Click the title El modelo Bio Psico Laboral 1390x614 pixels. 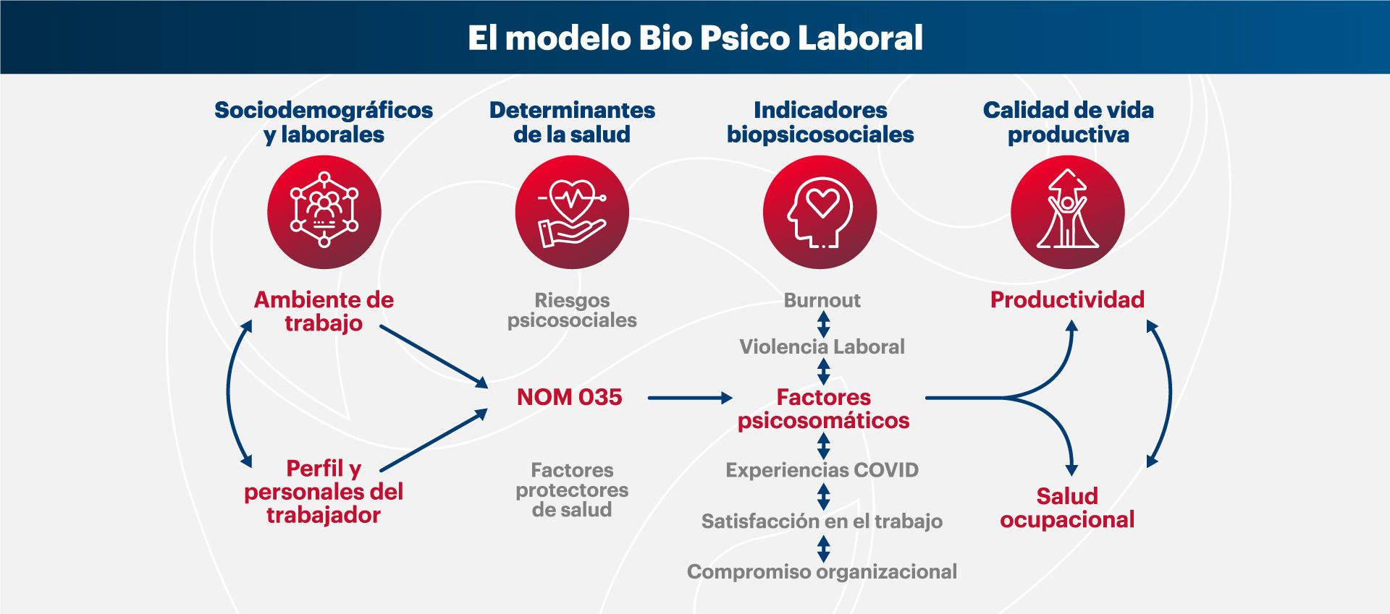695,38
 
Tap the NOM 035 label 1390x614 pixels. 570,397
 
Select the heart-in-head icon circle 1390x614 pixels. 820,212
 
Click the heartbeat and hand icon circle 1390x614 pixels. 572,212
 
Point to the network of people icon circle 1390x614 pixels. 324,212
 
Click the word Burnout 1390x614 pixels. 822,300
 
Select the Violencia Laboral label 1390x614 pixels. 822,347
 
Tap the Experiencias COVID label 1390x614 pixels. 822,470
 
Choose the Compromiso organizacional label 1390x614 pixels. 822,572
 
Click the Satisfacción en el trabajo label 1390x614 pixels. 822,521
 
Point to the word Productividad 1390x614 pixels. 1068,299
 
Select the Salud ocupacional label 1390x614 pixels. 1067,508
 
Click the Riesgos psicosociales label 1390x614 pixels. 572,310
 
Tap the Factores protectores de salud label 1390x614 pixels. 572,490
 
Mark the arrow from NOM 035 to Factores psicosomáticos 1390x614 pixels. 690,398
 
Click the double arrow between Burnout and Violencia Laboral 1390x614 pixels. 823,324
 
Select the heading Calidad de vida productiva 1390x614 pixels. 1069,122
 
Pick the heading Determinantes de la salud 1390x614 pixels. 572,122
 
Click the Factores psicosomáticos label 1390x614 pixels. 824,409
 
